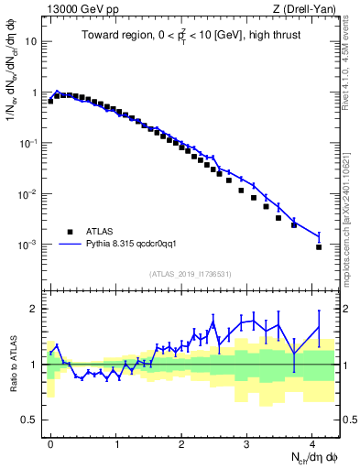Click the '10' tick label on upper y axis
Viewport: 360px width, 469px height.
click(32, 42)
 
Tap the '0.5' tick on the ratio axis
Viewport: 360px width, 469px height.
click(30, 420)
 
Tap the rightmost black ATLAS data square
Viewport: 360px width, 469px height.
click(319, 246)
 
